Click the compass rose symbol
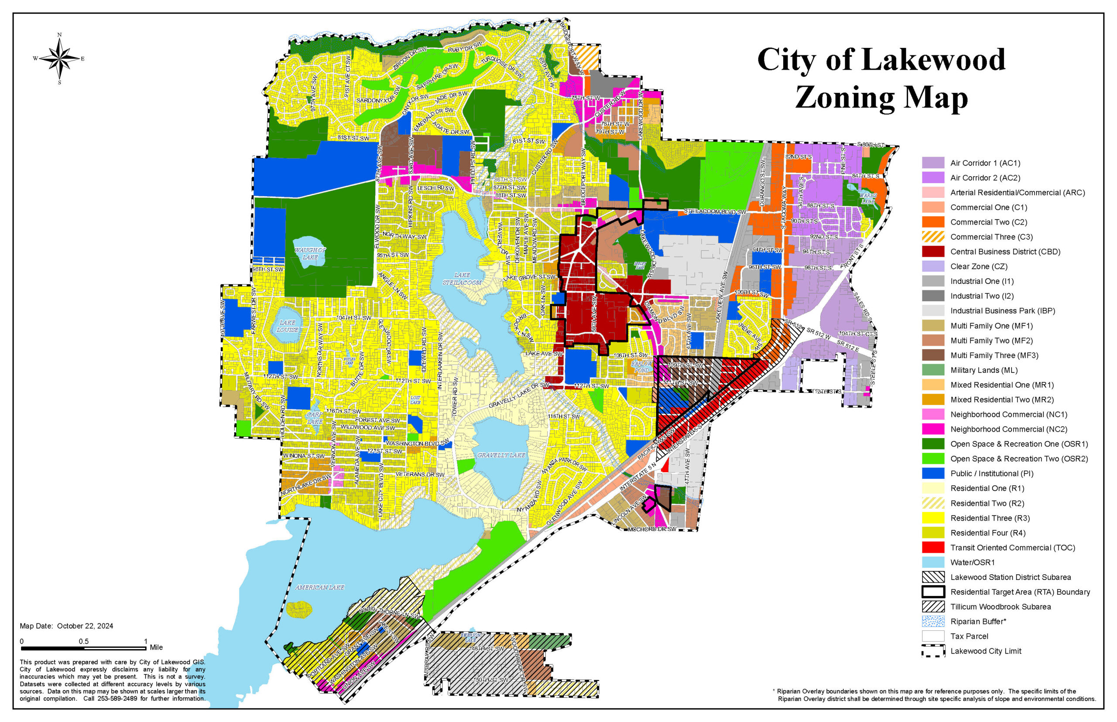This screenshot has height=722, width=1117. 60,58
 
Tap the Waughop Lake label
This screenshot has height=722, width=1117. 310,253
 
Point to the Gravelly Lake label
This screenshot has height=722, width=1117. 501,455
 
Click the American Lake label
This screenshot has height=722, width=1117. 319,587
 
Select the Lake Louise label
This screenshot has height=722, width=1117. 287,326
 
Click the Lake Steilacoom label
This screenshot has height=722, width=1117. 462,279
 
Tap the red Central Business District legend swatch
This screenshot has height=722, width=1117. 932,251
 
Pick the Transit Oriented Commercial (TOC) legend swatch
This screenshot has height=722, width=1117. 932,547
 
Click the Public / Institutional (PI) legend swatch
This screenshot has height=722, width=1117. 932,473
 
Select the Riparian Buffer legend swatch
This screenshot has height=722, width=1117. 932,621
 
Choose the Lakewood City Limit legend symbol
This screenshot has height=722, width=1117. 932,651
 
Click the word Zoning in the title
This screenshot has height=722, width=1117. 844,98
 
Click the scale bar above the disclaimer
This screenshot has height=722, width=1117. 83,648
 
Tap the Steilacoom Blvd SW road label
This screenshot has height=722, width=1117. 714,212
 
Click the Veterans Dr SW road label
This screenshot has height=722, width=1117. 419,474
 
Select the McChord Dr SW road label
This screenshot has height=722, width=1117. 652,529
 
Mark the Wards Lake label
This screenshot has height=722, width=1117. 867,198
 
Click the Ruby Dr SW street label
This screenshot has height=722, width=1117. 464,47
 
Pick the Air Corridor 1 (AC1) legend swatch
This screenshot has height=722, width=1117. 932,163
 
